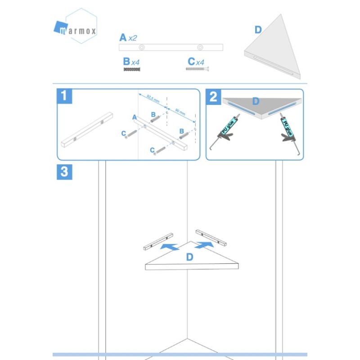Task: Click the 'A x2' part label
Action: tap(128, 37)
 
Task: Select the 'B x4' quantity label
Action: tap(131, 62)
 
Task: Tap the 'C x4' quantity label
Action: tap(196, 62)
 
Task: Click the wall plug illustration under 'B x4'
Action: tap(132, 69)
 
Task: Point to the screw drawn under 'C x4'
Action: tap(198, 69)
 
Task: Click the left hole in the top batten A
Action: tap(142, 47)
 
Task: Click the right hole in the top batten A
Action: tap(200, 47)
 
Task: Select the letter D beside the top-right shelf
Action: tap(258, 30)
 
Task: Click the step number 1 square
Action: tap(64, 96)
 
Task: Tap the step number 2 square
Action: tap(213, 96)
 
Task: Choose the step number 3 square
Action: tap(64, 172)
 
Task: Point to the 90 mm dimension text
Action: tap(180, 110)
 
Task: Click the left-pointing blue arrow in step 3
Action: tap(170, 247)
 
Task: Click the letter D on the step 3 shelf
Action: tap(189, 257)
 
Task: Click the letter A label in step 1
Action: tap(135, 117)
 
